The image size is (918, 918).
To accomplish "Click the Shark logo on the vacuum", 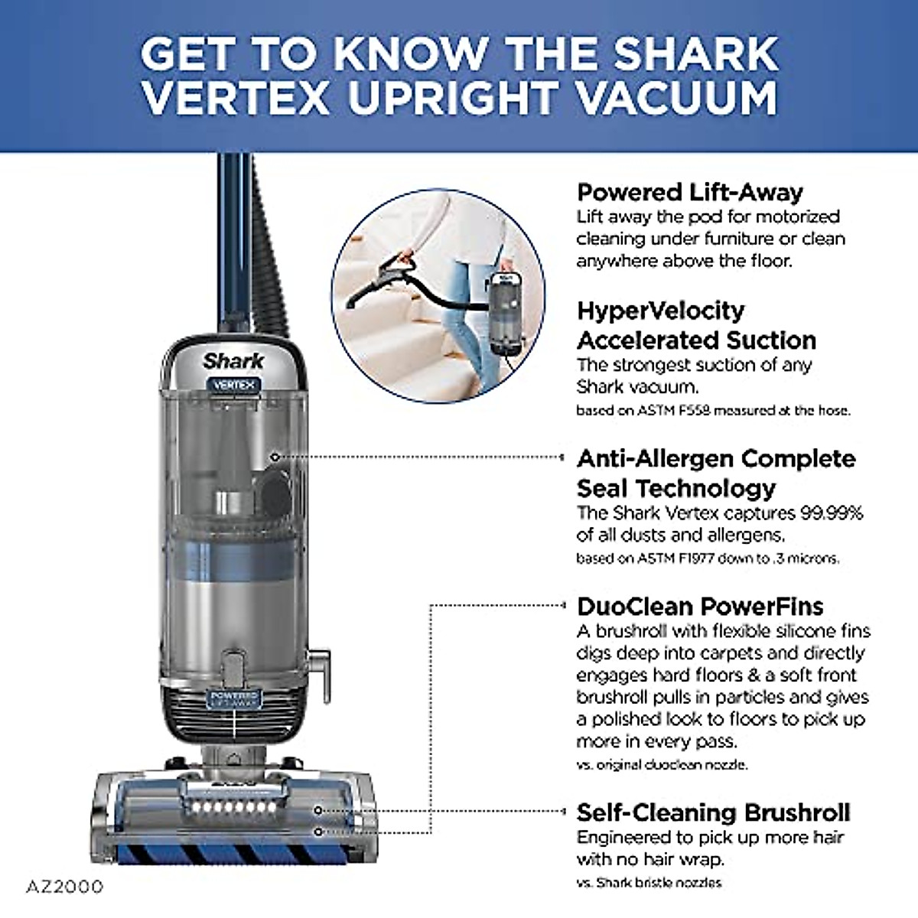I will (x=233, y=360).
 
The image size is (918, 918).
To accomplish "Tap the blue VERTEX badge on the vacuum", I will (x=233, y=385).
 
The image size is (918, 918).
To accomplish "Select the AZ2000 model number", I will (x=64, y=887).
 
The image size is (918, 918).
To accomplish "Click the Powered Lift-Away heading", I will (x=689, y=192).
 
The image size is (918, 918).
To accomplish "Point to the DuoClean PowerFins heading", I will (x=699, y=607).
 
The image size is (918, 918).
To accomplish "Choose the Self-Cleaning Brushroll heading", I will (x=713, y=812).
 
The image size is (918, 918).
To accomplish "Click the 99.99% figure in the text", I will (x=832, y=513).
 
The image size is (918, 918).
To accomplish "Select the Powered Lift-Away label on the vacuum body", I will (x=234, y=698).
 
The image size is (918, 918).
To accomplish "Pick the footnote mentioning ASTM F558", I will (x=712, y=410).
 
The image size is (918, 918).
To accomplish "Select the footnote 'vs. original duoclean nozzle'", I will (x=661, y=764).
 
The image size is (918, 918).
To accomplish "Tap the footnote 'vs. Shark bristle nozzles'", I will (x=648, y=882).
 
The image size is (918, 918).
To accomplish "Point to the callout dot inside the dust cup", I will (x=275, y=457).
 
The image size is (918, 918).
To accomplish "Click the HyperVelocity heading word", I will (x=660, y=311).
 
